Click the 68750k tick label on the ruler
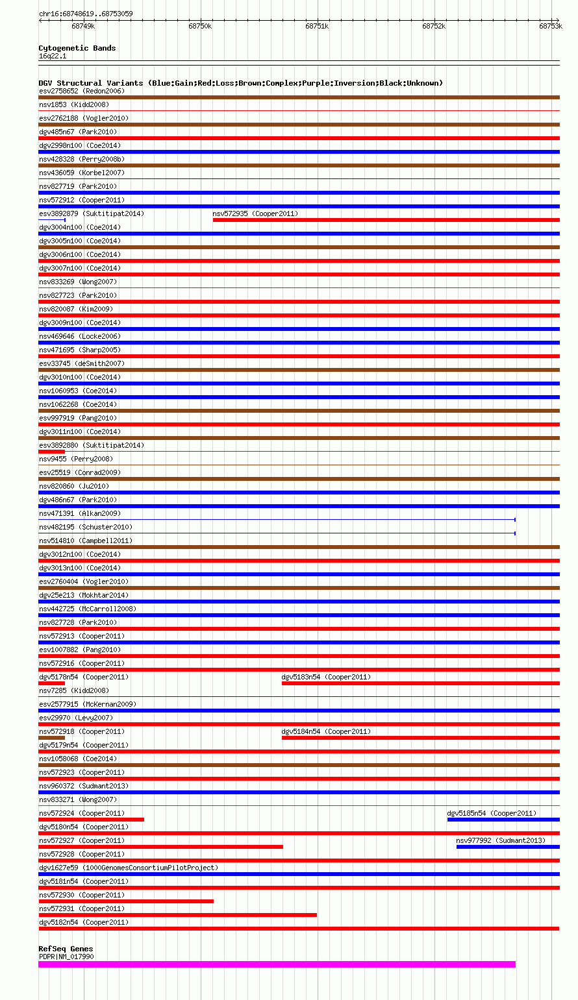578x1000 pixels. tap(199, 27)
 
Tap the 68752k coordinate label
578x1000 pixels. tap(433, 27)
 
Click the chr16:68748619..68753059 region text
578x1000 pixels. tap(86, 14)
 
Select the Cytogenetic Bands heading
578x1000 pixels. tap(77, 48)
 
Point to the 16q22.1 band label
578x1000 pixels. tap(52, 56)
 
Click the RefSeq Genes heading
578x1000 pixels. tap(66, 949)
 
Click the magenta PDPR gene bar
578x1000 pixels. tap(277, 964)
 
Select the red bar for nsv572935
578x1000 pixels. tap(386, 220)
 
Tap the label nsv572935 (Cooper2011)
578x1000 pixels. tap(255, 213)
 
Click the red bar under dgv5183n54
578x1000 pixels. tap(420, 683)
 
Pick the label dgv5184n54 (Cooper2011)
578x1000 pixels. tap(326, 731)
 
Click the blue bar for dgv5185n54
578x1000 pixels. tap(503, 820)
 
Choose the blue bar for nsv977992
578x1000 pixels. tap(507, 847)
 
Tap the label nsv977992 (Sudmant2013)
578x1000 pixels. tap(501, 840)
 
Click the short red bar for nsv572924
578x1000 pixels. tap(91, 820)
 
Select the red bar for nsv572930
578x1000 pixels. tap(126, 901)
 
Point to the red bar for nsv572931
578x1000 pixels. tap(177, 915)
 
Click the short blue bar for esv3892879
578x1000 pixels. tap(52, 220)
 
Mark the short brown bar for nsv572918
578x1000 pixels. tap(52, 738)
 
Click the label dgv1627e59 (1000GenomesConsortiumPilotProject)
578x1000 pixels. tap(129, 868)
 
